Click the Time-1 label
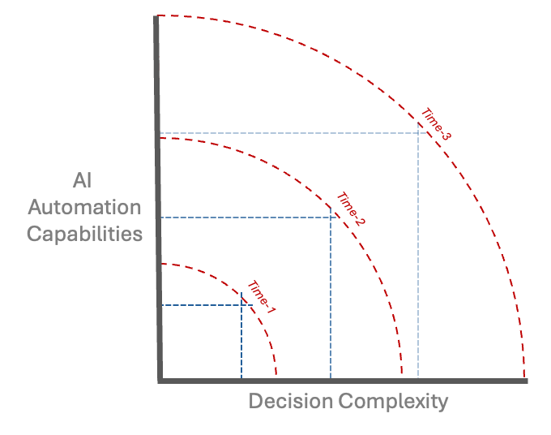coord(262,298)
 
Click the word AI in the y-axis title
coord(84,179)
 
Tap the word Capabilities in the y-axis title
coord(85,235)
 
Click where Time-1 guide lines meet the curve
coord(241,305)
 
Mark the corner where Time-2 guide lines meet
coord(331,217)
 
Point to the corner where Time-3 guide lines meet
coord(418,133)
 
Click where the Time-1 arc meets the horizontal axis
coord(276,378)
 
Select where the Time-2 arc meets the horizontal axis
coord(402,378)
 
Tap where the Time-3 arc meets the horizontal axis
coord(524,378)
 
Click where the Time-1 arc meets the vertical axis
coord(160,264)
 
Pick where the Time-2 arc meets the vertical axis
coord(159,138)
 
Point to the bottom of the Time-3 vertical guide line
coord(418,377)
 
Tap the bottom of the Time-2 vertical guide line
coord(331,377)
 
